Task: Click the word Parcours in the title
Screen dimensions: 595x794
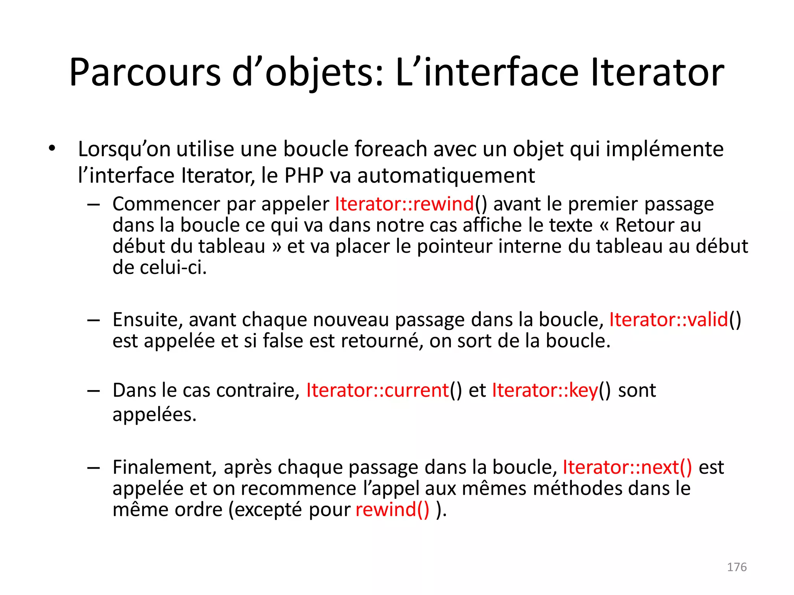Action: point(145,72)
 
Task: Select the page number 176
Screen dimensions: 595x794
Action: point(737,567)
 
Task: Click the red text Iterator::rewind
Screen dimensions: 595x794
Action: point(404,204)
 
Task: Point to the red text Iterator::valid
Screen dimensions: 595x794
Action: point(668,320)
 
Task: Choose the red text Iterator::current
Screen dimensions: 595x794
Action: point(377,390)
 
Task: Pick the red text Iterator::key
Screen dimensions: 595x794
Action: point(545,390)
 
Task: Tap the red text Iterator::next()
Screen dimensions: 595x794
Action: point(627,467)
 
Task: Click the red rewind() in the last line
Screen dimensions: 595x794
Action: point(392,509)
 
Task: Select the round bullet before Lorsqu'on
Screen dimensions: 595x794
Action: point(52,149)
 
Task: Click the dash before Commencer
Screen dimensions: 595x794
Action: point(93,204)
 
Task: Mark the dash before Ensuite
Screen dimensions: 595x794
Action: point(93,320)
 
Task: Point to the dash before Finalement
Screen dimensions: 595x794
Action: point(93,468)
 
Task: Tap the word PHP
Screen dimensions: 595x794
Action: point(304,175)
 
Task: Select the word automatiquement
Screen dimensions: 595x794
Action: point(446,175)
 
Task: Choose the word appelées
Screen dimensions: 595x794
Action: point(154,414)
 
